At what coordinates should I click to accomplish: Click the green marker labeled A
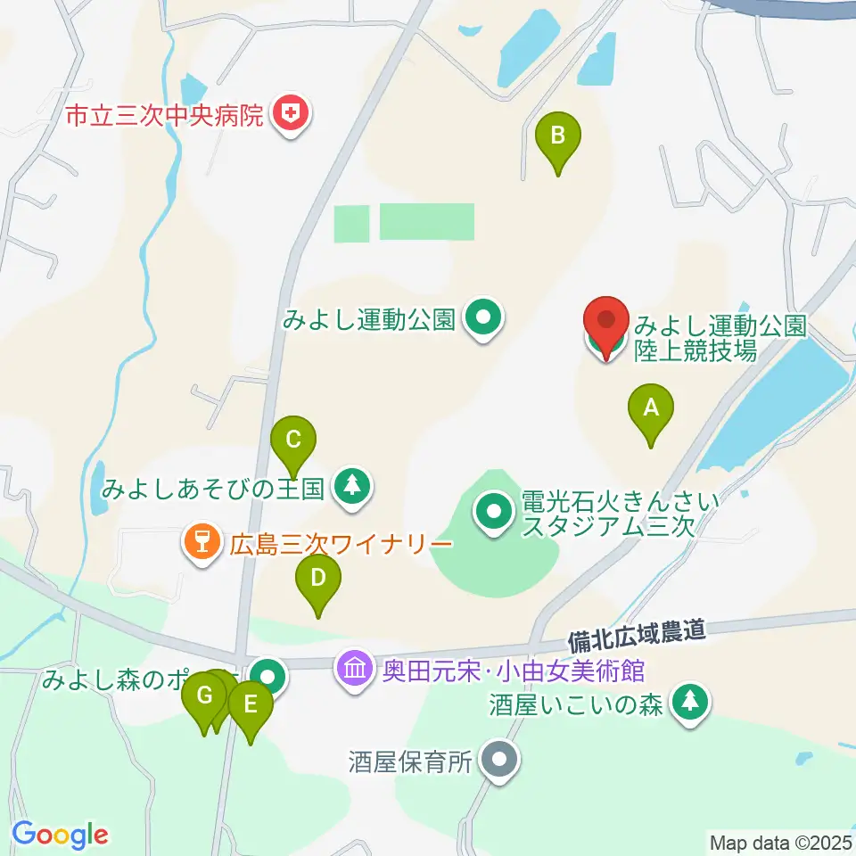[x=651, y=410]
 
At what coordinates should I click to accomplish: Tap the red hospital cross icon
[x=290, y=113]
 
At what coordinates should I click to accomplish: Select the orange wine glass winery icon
[x=202, y=541]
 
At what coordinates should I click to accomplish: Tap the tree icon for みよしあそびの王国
[x=353, y=486]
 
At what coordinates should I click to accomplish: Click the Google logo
[x=60, y=835]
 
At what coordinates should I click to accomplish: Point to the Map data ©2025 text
[x=780, y=841]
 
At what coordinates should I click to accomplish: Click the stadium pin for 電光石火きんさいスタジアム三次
[x=494, y=513]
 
